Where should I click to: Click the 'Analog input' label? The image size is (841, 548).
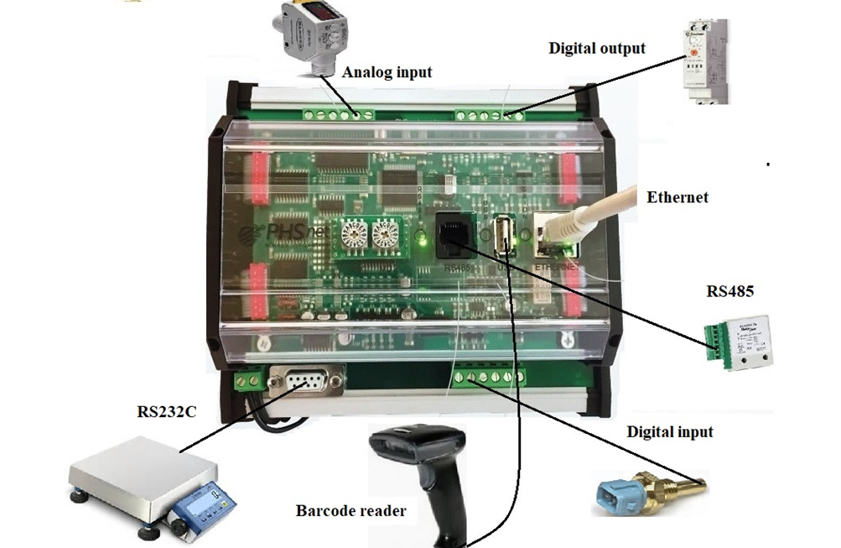tap(387, 72)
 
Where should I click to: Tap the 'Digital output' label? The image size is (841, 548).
tap(597, 48)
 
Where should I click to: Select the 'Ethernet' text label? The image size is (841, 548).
tap(677, 198)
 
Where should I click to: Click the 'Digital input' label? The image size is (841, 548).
tap(670, 432)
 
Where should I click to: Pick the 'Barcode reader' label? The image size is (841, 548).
tap(350, 510)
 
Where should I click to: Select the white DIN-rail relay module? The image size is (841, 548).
tap(703, 63)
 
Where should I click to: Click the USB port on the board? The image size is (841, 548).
tap(502, 234)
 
